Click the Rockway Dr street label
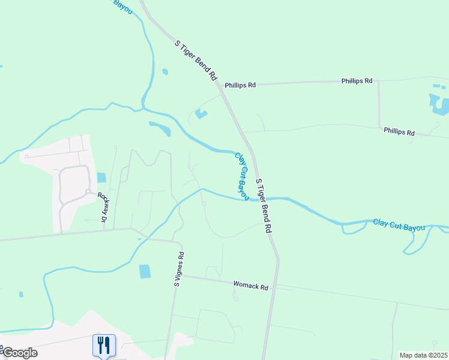(x=103, y=207)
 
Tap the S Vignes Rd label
(x=179, y=269)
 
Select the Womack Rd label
(x=251, y=287)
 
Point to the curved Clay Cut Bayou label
(x=241, y=176)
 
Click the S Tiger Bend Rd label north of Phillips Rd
(x=195, y=60)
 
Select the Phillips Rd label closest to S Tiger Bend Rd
(x=240, y=85)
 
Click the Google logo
(x=19, y=352)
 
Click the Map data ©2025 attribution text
(x=424, y=355)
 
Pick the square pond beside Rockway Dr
(x=101, y=178)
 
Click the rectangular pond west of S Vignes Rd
(x=145, y=271)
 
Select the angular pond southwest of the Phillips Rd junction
(x=200, y=113)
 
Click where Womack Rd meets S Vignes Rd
(x=182, y=276)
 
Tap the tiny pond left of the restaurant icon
(x=21, y=295)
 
